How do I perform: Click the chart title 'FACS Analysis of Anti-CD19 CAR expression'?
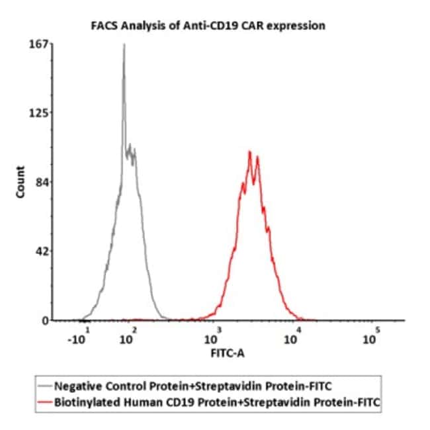pos(207,26)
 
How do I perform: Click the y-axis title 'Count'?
pos(21,182)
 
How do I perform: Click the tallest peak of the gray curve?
pos(124,46)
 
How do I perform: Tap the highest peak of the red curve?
pos(249,152)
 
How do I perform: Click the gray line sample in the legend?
pos(46,386)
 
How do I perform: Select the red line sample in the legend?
pos(46,401)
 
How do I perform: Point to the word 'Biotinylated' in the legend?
pos(85,401)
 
